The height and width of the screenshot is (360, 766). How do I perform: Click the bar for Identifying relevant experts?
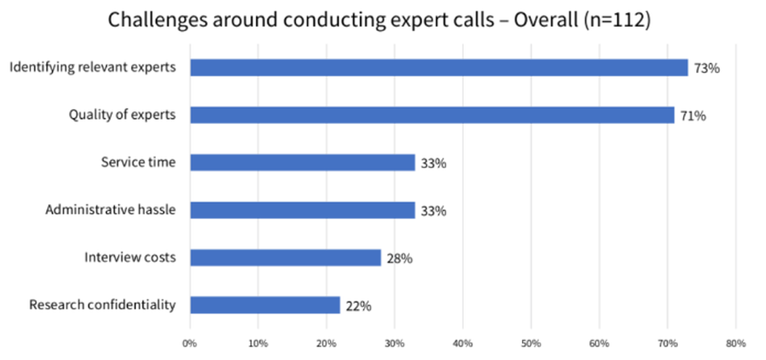(439, 68)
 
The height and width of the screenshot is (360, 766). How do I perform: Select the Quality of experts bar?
(432, 115)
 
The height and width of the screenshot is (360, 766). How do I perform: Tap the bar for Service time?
(303, 163)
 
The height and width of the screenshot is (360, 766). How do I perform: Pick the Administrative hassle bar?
(303, 210)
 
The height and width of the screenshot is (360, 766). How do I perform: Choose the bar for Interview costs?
(286, 257)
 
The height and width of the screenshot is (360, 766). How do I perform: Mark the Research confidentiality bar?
(265, 305)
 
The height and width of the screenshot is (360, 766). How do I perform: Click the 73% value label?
(707, 68)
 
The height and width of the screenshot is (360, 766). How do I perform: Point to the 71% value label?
(693, 116)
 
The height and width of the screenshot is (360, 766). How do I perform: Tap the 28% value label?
(399, 258)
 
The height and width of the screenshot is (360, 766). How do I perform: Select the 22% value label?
(359, 305)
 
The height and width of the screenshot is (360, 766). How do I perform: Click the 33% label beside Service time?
(434, 163)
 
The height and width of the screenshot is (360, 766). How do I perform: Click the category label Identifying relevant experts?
(93, 67)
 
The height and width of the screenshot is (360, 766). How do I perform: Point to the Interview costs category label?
(130, 257)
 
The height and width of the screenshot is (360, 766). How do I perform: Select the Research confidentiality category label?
(103, 305)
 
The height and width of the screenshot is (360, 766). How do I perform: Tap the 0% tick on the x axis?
(190, 343)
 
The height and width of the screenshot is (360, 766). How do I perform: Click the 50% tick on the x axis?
(530, 343)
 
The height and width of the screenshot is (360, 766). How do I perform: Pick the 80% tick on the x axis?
(735, 343)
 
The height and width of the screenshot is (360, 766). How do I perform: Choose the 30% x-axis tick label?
(394, 343)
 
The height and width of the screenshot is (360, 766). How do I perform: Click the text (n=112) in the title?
(616, 20)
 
